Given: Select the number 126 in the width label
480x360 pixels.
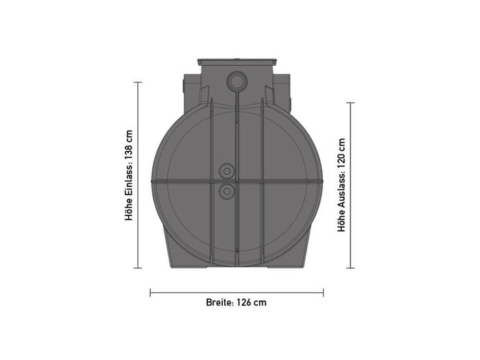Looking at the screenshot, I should tap(245, 302).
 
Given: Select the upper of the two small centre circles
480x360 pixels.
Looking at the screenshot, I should tap(226, 170).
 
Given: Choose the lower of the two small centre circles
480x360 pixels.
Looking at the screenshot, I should tap(226, 191).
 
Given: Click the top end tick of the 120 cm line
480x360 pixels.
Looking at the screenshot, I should tap(350, 103).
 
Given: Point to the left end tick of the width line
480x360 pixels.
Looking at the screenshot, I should tap(150, 292).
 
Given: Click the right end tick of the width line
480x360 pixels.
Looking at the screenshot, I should tap(324, 292).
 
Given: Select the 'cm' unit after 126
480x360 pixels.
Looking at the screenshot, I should tap(261, 302).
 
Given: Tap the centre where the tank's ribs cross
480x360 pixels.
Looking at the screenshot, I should tap(237, 181).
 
